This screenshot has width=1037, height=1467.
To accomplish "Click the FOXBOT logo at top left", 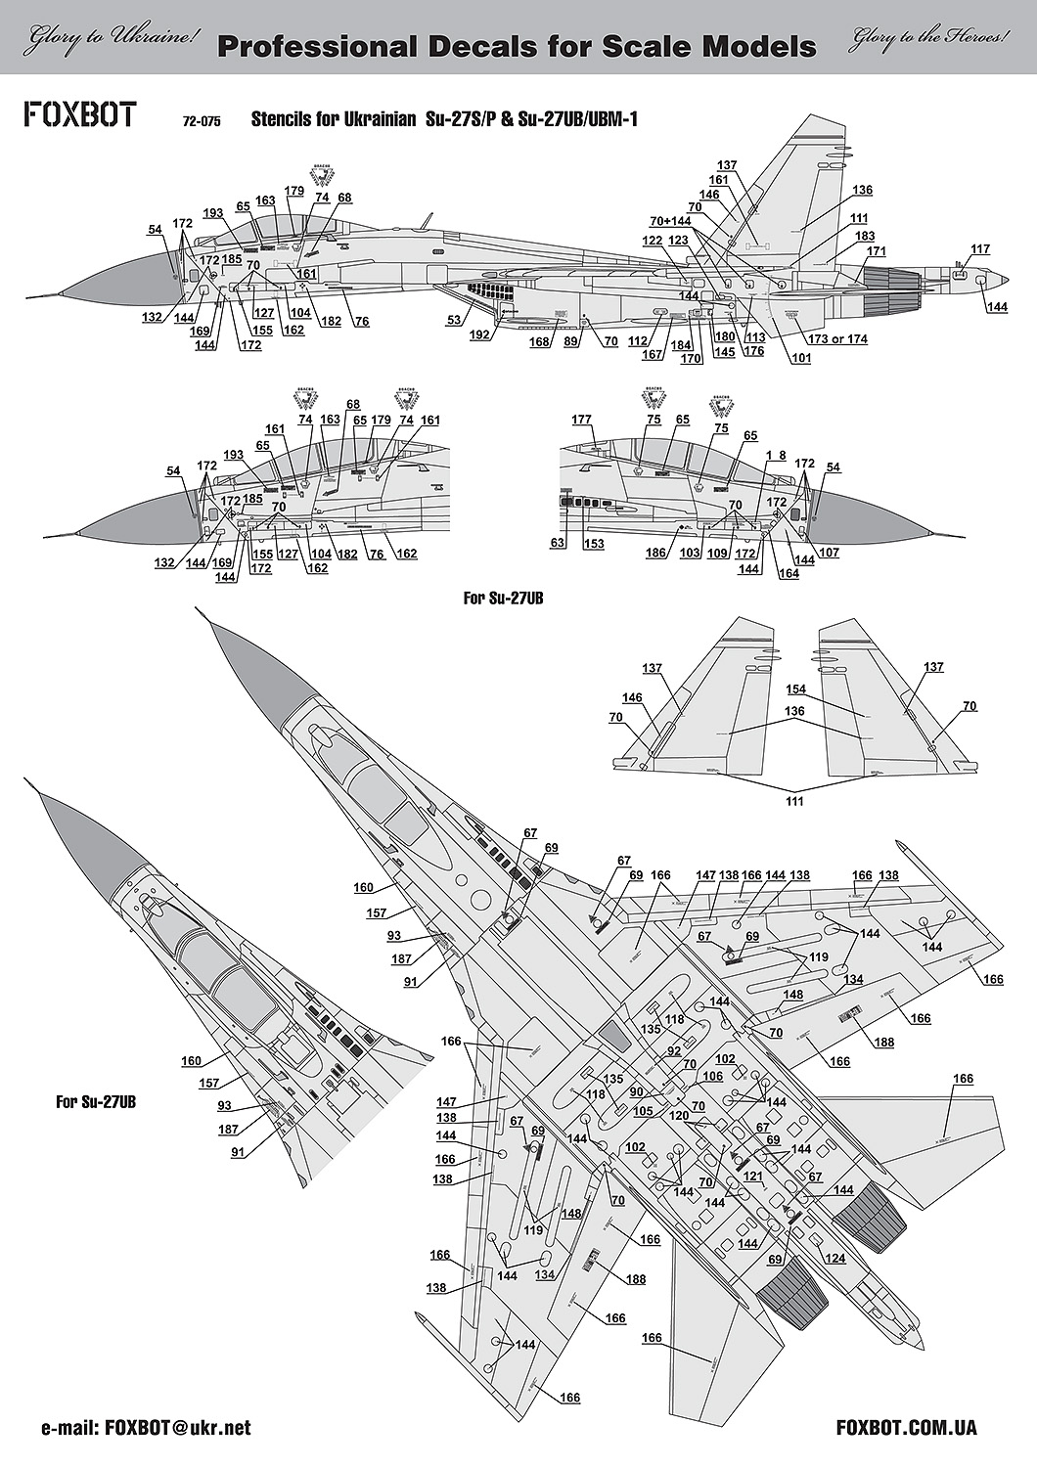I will coord(80,114).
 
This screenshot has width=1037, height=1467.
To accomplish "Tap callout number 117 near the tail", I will coord(980,247).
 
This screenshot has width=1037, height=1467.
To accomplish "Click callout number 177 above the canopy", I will coord(582,420).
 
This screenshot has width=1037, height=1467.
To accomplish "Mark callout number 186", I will coord(655,554).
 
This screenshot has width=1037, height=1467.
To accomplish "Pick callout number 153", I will coord(594,544).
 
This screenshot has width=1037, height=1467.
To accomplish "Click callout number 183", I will coord(865,236).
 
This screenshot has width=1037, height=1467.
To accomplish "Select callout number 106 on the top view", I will coord(740,1076).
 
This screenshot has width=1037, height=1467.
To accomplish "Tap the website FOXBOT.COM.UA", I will coord(907,1428).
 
